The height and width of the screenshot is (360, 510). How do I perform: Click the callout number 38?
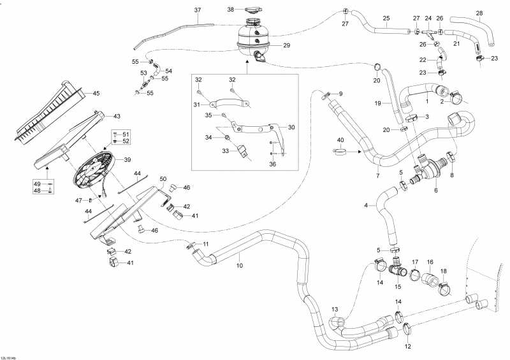(x=231, y=9)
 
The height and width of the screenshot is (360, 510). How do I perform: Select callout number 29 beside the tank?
(x=286, y=45)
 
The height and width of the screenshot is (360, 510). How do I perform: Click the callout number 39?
(x=127, y=159)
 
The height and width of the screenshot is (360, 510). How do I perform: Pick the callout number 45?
(x=96, y=94)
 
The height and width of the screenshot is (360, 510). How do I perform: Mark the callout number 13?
(x=335, y=310)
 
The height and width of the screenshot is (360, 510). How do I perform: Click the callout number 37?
(x=197, y=10)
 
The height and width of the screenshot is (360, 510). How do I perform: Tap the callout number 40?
(x=340, y=140)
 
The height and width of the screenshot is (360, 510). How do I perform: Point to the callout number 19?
(x=377, y=102)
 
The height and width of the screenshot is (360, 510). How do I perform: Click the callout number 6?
(x=435, y=190)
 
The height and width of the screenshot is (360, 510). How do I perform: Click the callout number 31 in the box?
(x=197, y=104)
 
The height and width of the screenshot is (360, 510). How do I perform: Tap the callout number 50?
(x=163, y=179)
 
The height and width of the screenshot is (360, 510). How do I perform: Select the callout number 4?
(x=365, y=205)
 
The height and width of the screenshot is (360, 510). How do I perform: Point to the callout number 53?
(x=144, y=74)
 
